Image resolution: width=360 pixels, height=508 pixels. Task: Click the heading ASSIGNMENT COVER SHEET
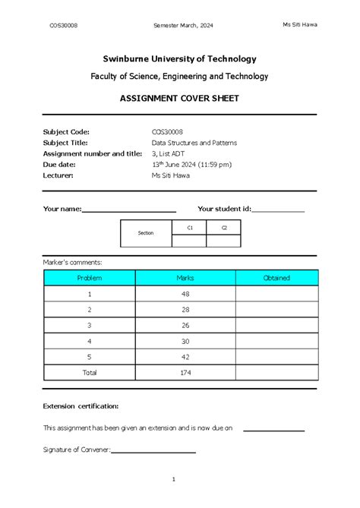[179, 99]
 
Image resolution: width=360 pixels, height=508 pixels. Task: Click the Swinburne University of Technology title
[179, 58]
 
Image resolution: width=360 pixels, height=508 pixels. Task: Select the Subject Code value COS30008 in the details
[168, 131]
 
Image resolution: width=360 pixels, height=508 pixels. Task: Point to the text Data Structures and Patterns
[194, 142]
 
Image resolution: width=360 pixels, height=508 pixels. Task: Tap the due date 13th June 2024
[191, 164]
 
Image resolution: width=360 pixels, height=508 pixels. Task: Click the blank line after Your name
[129, 210]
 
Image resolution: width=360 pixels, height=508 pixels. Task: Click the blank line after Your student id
[278, 210]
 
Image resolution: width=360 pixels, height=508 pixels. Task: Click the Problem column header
[90, 278]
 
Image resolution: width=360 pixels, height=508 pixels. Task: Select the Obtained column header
[276, 278]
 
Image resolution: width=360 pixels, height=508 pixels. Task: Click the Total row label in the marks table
[90, 373]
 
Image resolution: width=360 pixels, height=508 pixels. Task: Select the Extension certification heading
[81, 406]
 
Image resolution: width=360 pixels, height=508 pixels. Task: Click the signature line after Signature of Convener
[153, 451]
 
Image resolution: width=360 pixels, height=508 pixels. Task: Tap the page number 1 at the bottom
[174, 479]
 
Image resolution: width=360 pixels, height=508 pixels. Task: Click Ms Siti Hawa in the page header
[300, 24]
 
